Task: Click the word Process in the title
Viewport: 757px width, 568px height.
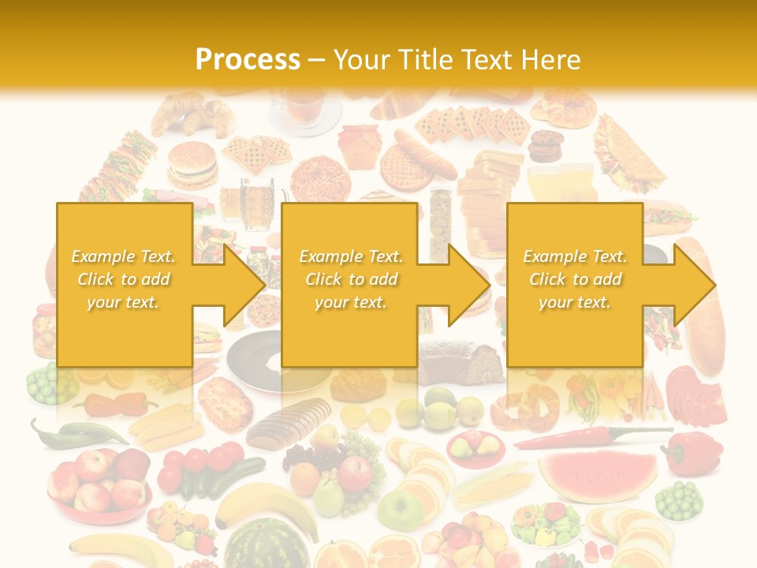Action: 248,60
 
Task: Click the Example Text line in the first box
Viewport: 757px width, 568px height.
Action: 124,256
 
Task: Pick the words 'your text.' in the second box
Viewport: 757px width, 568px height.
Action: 351,302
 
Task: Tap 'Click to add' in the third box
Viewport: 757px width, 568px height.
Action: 576,279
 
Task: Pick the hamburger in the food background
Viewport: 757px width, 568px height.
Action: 192,165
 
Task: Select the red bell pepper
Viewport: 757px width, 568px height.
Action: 693,454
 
